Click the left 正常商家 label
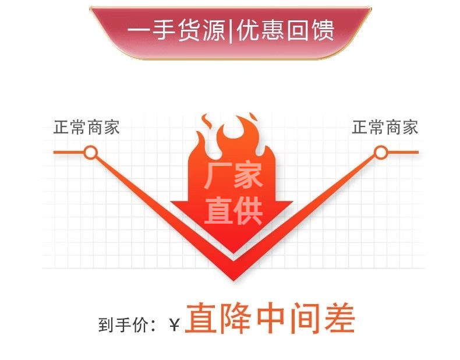(87, 128)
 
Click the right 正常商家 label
(385, 128)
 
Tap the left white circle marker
(90, 153)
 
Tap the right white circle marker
(380, 153)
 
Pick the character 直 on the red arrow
(218, 210)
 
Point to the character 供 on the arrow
(248, 210)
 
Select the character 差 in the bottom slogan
(339, 319)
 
